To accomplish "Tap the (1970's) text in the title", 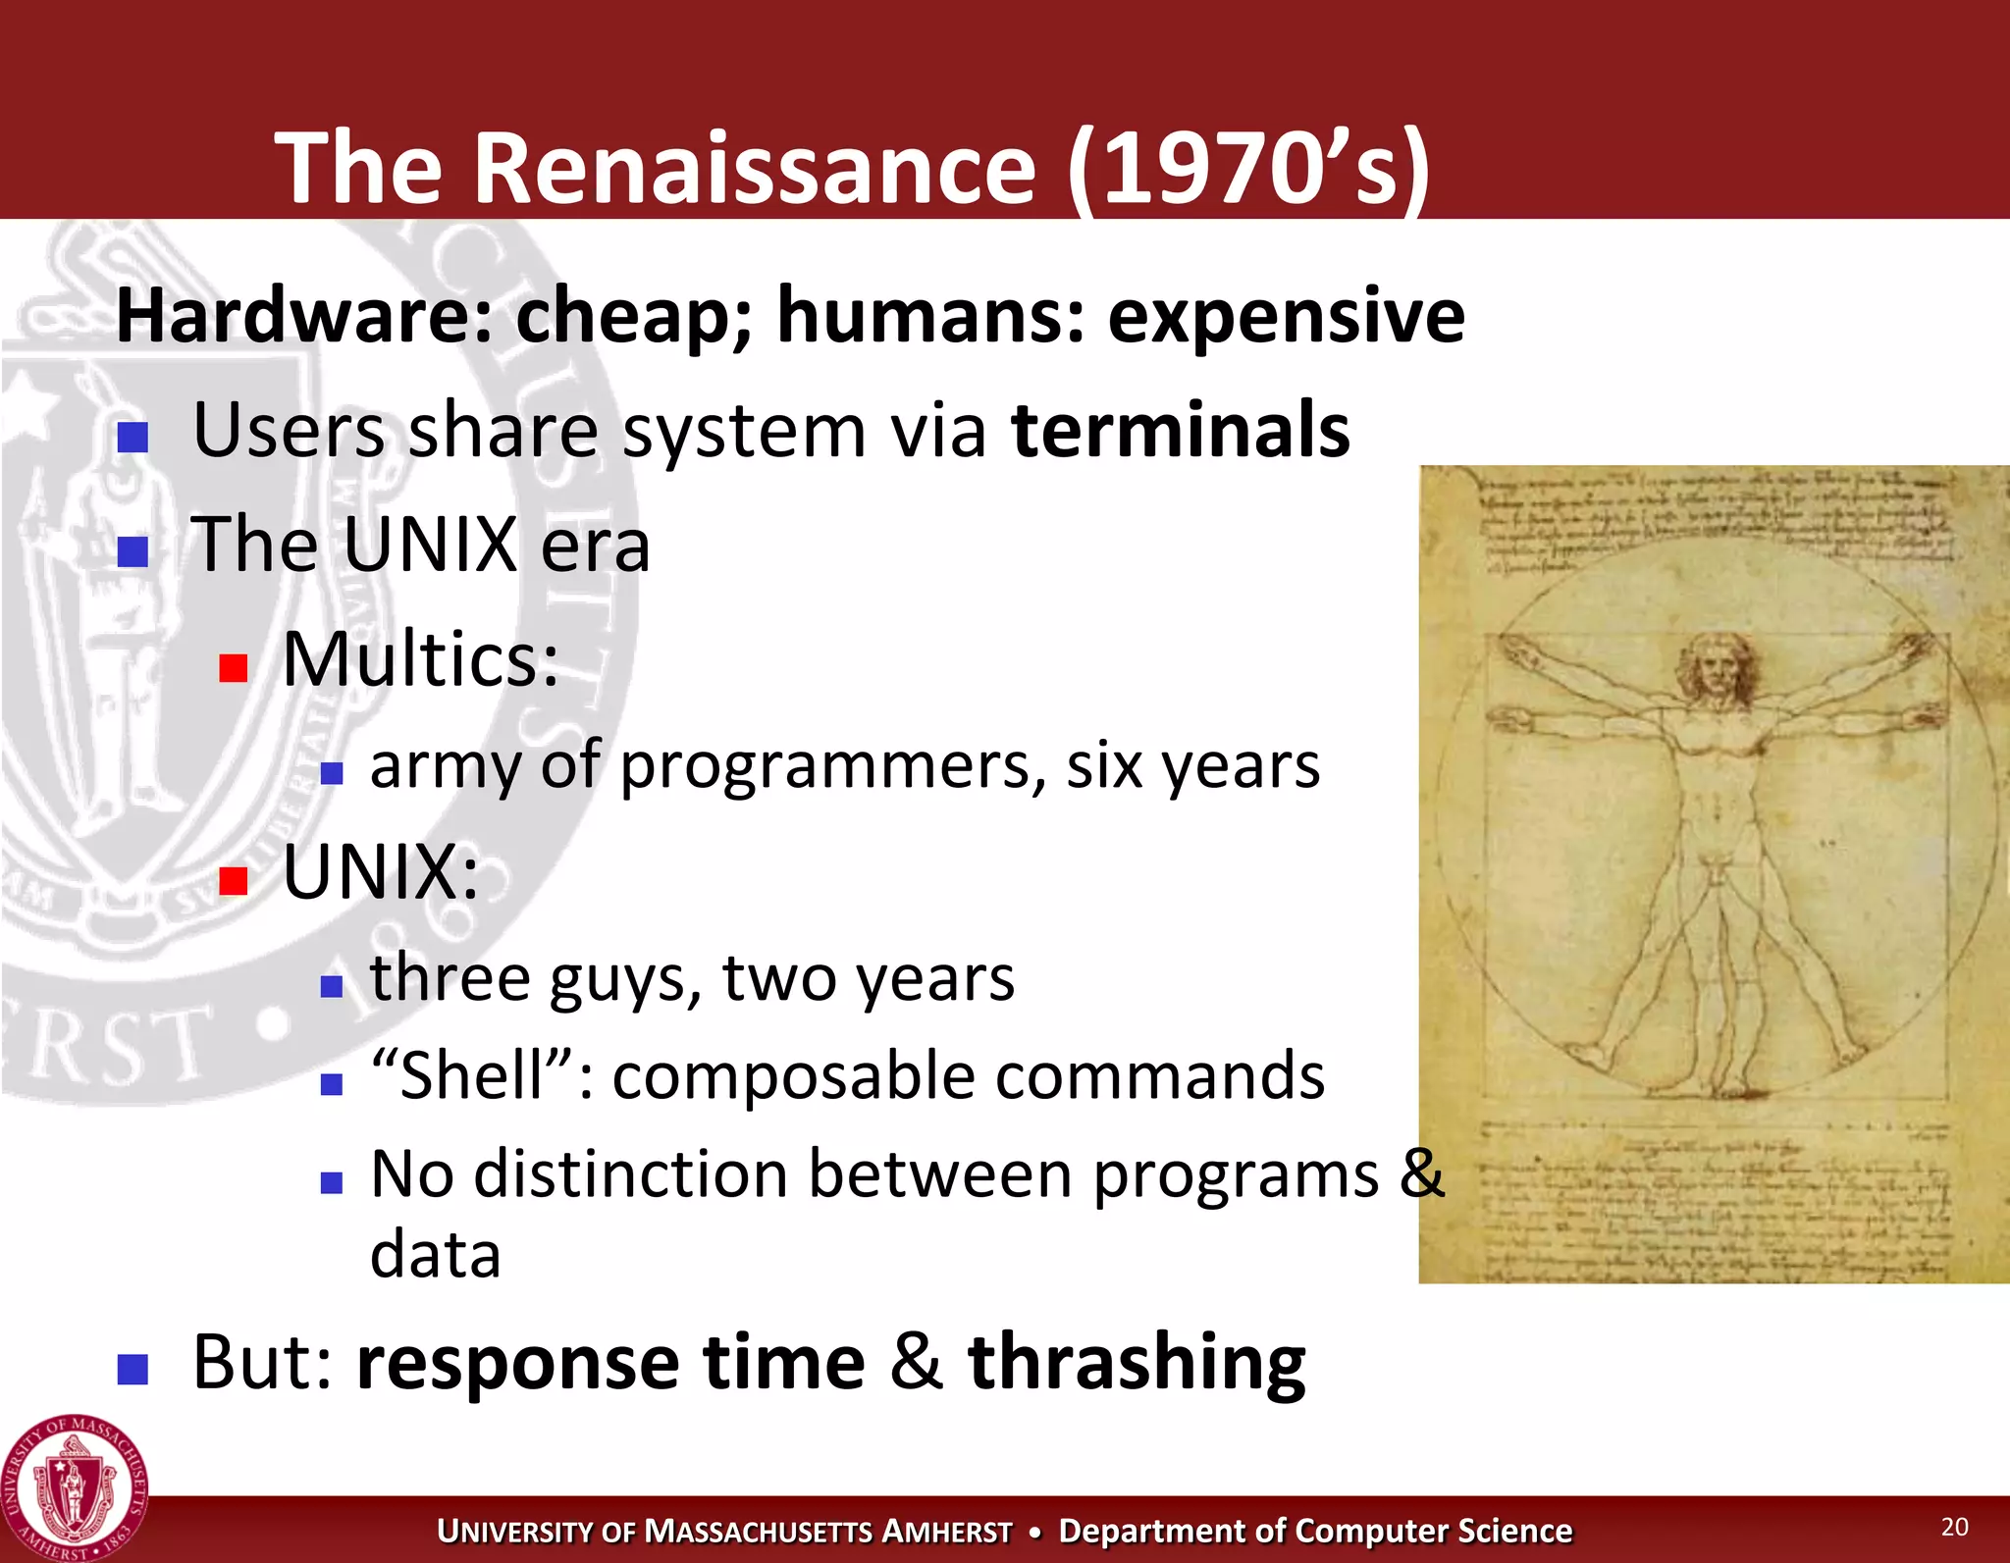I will coord(1248,169).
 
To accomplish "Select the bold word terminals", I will coord(1181,430).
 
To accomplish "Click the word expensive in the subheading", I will coord(1286,316).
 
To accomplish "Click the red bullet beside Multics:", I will coord(233,668).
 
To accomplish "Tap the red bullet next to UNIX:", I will coord(233,880).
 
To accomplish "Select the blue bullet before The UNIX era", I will coord(132,551).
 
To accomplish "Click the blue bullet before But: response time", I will coord(132,1368).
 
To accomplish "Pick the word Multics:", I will coord(420,659).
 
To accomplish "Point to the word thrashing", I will coord(1137,1362).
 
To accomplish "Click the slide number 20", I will coord(1954,1527).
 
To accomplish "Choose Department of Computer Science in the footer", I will coord(1315,1531).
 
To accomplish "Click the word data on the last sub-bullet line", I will coord(435,1255).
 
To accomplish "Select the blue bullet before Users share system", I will coord(132,437).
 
